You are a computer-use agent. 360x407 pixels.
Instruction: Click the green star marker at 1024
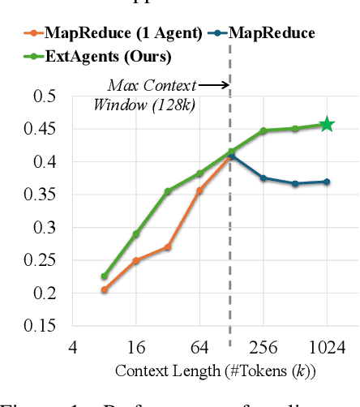coord(327,125)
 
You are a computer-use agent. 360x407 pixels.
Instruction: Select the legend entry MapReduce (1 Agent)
coord(114,33)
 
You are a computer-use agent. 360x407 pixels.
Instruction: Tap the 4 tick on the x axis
coord(73,348)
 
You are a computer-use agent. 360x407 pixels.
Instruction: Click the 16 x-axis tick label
coord(136,348)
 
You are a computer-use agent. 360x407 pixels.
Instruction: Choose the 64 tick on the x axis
coord(200,348)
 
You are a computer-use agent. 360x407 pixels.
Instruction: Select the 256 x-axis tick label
coord(264,348)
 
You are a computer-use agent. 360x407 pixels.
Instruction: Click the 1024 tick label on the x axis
coord(327,348)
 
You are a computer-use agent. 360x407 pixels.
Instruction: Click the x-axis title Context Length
coord(215,371)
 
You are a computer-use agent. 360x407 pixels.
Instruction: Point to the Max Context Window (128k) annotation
coord(150,94)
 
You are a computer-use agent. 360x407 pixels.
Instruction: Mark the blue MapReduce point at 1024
coord(327,182)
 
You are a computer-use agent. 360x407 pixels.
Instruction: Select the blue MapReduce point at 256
coord(264,178)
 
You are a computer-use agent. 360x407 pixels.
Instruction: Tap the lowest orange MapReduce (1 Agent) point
coord(104,289)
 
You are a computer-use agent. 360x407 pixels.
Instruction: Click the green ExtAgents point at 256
coord(264,131)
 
